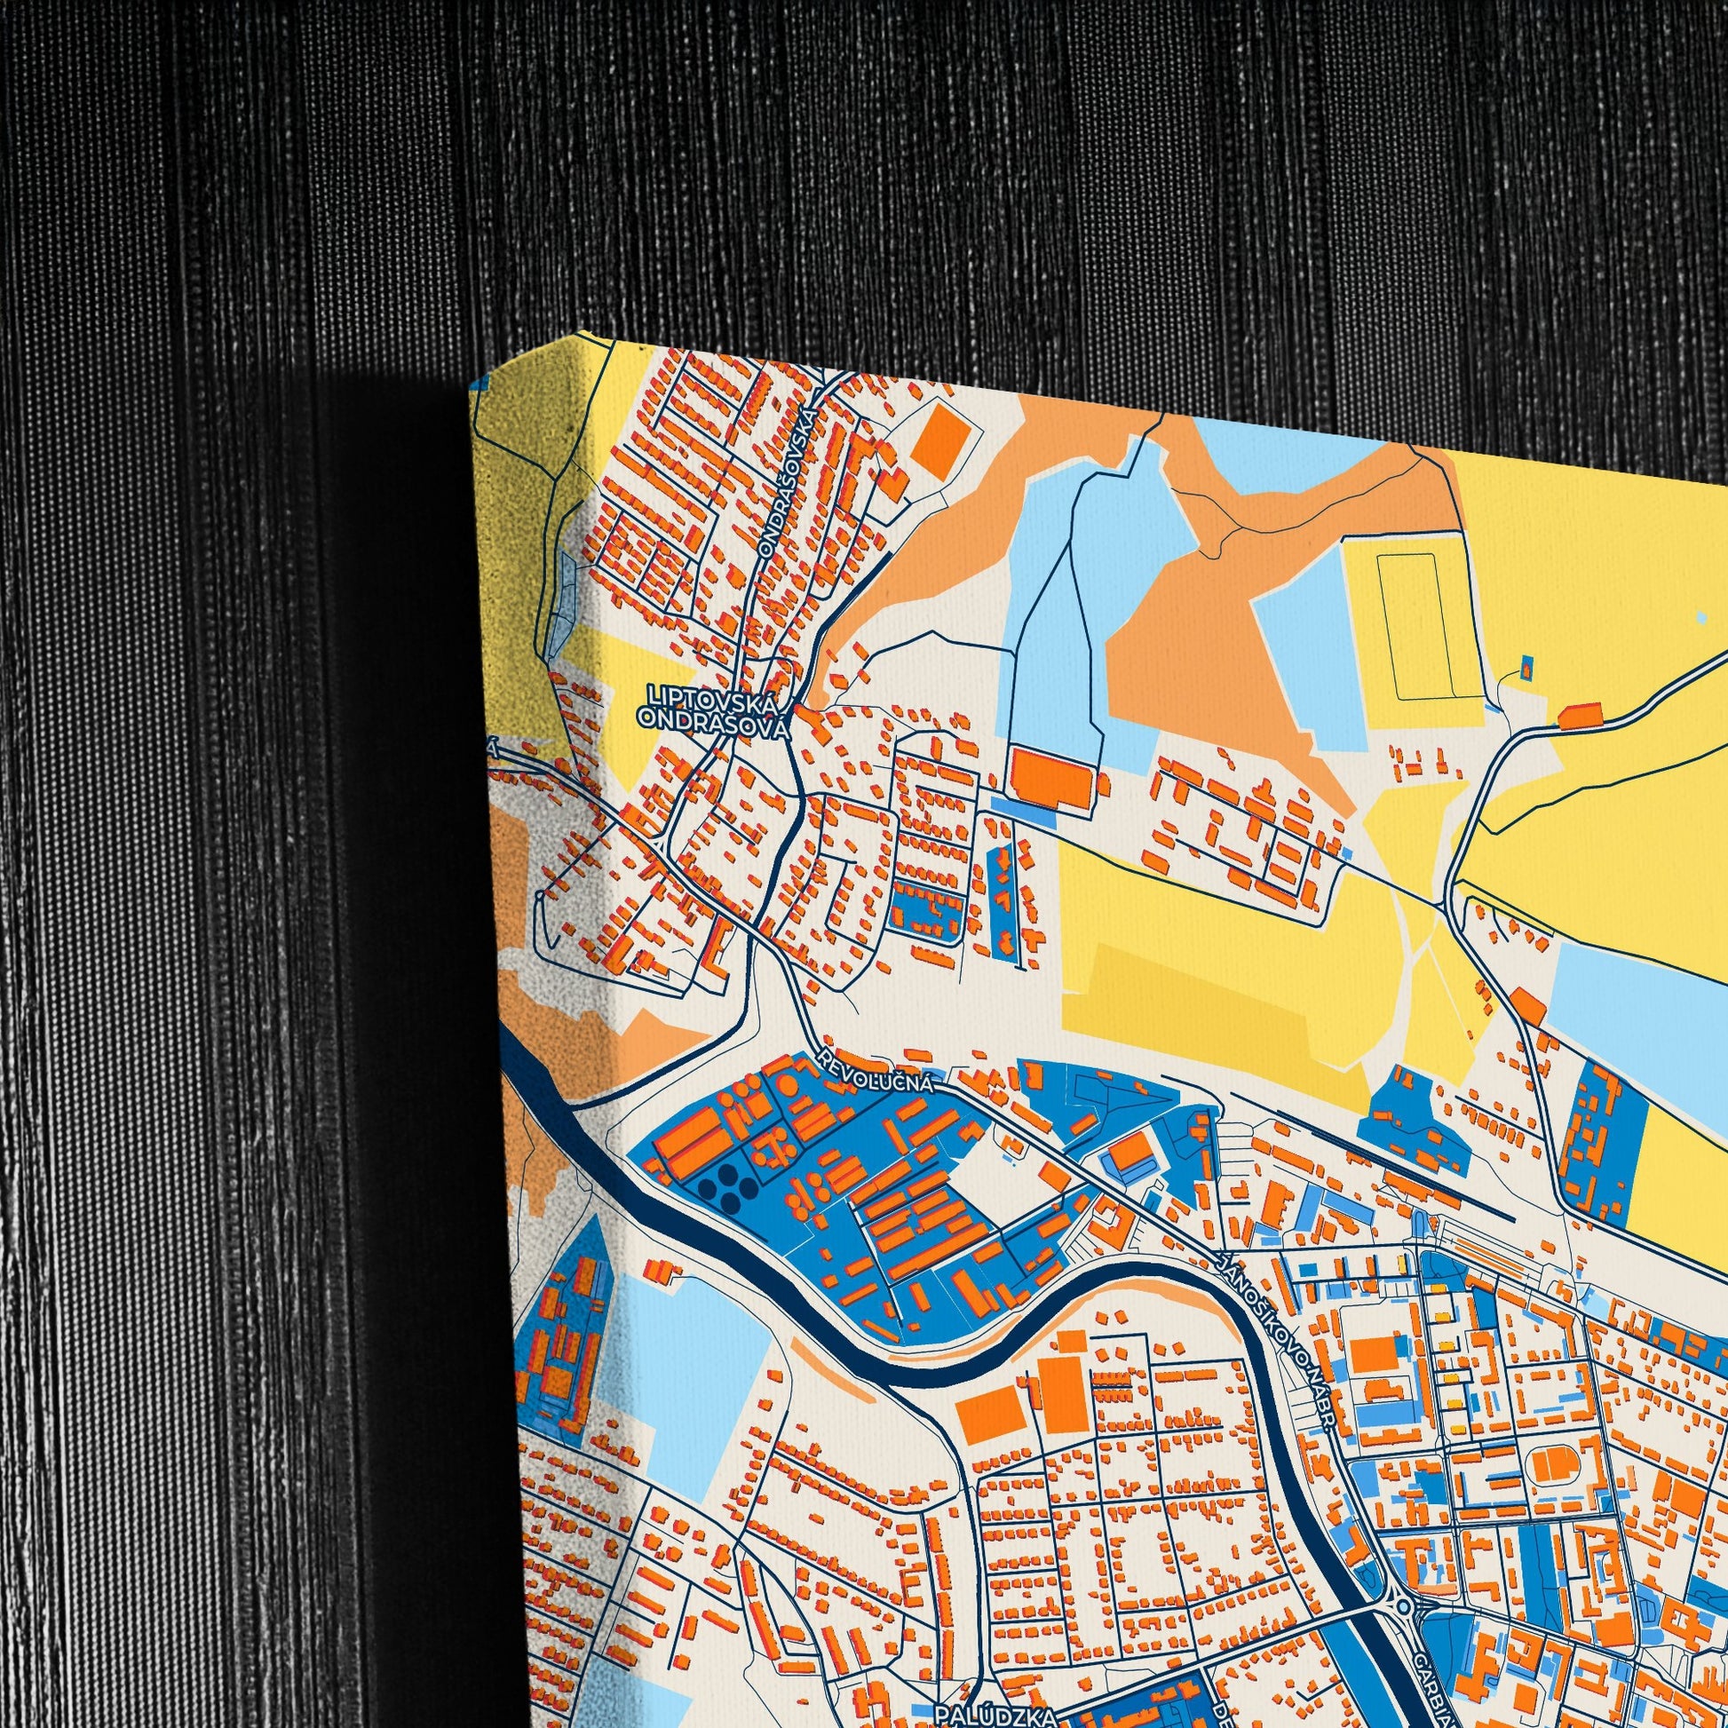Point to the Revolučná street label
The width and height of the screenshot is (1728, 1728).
(x=876, y=1071)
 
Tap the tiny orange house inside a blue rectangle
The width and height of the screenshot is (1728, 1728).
(x=1526, y=664)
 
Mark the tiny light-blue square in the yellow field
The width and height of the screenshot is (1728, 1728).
(x=1700, y=618)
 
